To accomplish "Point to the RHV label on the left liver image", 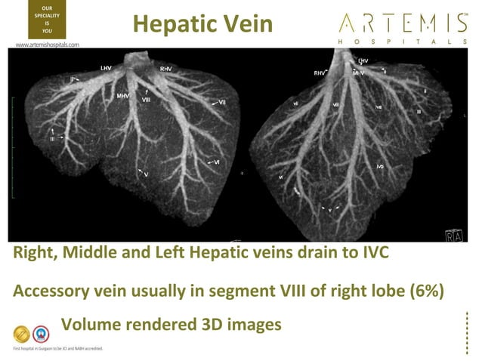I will pos(167,69).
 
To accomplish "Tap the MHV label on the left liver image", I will pos(123,96).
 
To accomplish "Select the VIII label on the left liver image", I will pos(146,99).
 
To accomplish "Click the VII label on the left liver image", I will pos(222,101).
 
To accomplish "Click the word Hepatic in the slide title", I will pos(166,24).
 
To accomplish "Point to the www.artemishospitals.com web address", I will pos(47,45).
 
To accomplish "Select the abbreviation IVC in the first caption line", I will pos(371,254).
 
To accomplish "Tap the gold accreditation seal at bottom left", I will pos(23,333).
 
